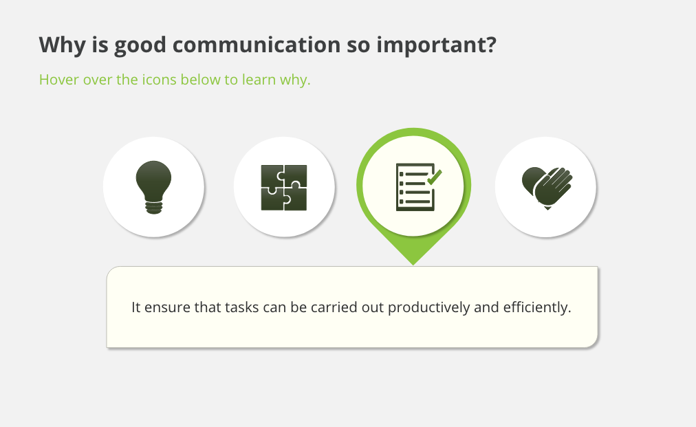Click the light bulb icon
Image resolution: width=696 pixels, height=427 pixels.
[x=153, y=187]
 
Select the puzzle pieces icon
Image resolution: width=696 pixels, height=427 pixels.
[x=284, y=187]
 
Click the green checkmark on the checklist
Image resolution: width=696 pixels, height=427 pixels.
[x=435, y=177]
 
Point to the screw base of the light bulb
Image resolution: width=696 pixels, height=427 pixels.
[x=153, y=208]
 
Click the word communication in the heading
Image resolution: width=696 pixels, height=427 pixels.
[x=256, y=45]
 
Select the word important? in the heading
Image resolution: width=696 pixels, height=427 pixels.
[x=436, y=45]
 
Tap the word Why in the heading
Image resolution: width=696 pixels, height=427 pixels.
[x=62, y=45]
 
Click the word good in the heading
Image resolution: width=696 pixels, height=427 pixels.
[x=140, y=45]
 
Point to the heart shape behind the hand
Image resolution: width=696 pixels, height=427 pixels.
[x=532, y=179]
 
